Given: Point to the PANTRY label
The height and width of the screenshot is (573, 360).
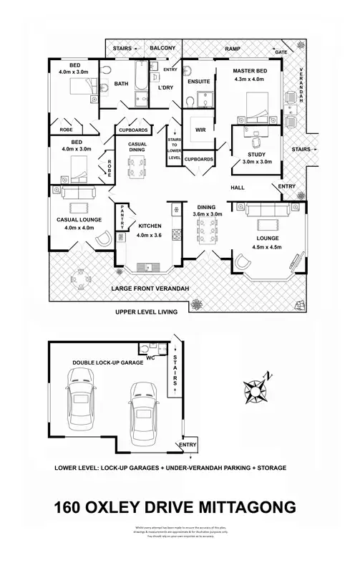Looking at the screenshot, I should click(x=122, y=216).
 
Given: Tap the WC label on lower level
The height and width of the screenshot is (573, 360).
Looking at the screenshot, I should click(x=151, y=355).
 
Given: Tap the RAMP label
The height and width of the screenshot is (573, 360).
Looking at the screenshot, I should click(x=233, y=48).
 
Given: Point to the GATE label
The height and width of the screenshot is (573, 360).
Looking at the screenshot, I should click(x=281, y=53).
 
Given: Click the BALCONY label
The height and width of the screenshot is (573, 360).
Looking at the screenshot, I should click(x=162, y=48).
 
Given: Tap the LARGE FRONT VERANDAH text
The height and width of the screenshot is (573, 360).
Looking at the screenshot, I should click(x=150, y=289).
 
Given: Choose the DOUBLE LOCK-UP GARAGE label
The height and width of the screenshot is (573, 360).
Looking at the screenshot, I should click(x=102, y=363).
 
